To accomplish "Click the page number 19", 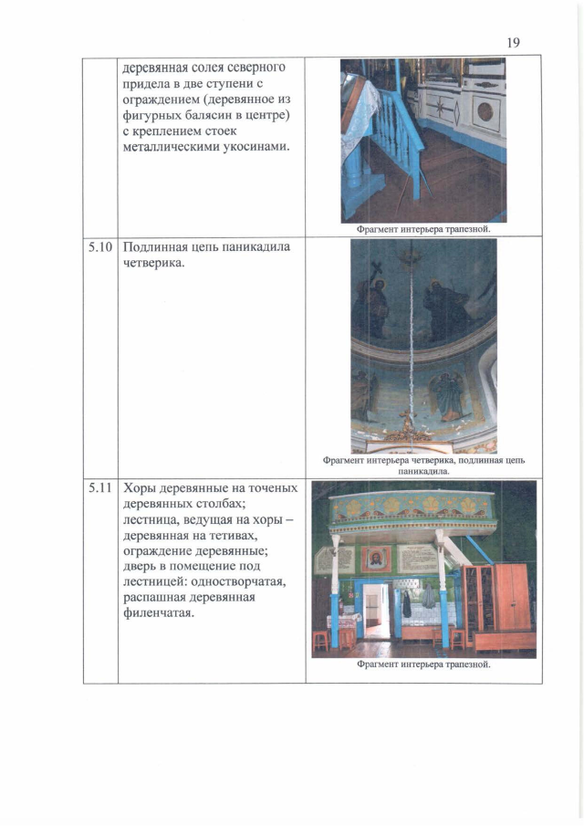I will [513, 42].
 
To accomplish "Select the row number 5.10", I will [100, 247].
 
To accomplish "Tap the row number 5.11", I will [100, 488].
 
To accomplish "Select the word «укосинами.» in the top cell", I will [250, 149].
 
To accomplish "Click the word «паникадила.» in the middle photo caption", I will [423, 472].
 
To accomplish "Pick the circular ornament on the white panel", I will [485, 110].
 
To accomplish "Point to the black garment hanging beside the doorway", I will [406, 604].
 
